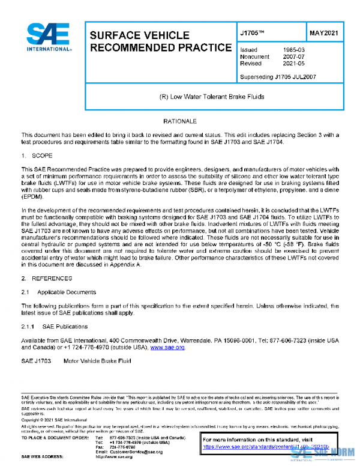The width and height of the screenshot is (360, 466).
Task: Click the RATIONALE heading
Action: tap(180, 122)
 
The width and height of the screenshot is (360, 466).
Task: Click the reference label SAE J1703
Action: tap(35, 361)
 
